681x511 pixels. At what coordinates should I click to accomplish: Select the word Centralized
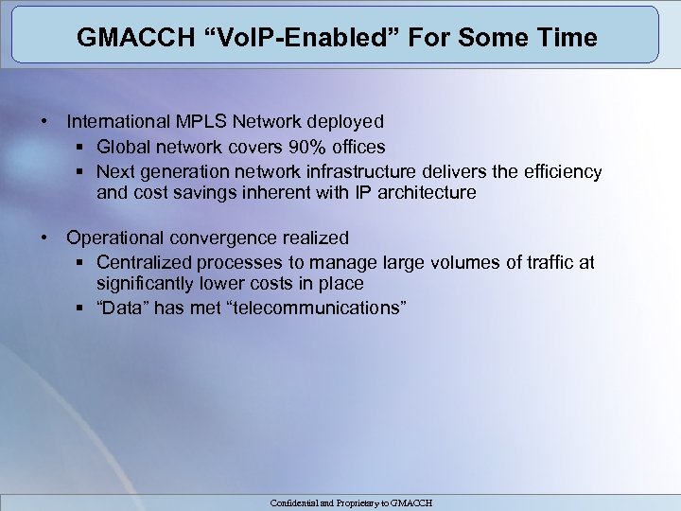point(147,262)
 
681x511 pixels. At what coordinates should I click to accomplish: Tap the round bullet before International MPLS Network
point(44,121)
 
